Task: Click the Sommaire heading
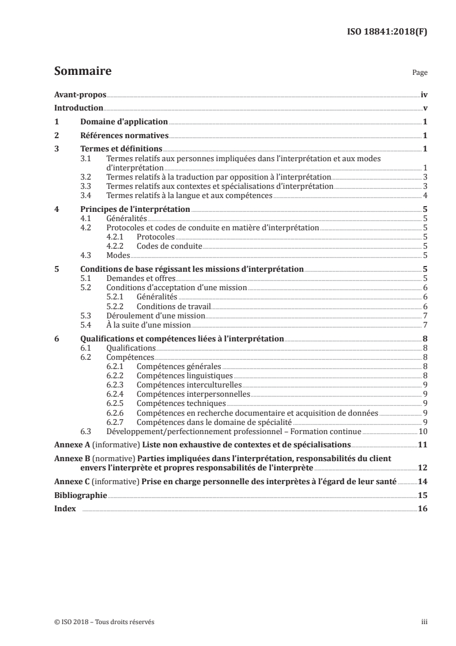pyautogui.click(x=82, y=72)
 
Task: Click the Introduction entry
pyautogui.click(x=78, y=108)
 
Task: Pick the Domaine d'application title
pyautogui.click(x=124, y=122)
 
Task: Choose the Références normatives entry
pyautogui.click(x=124, y=136)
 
